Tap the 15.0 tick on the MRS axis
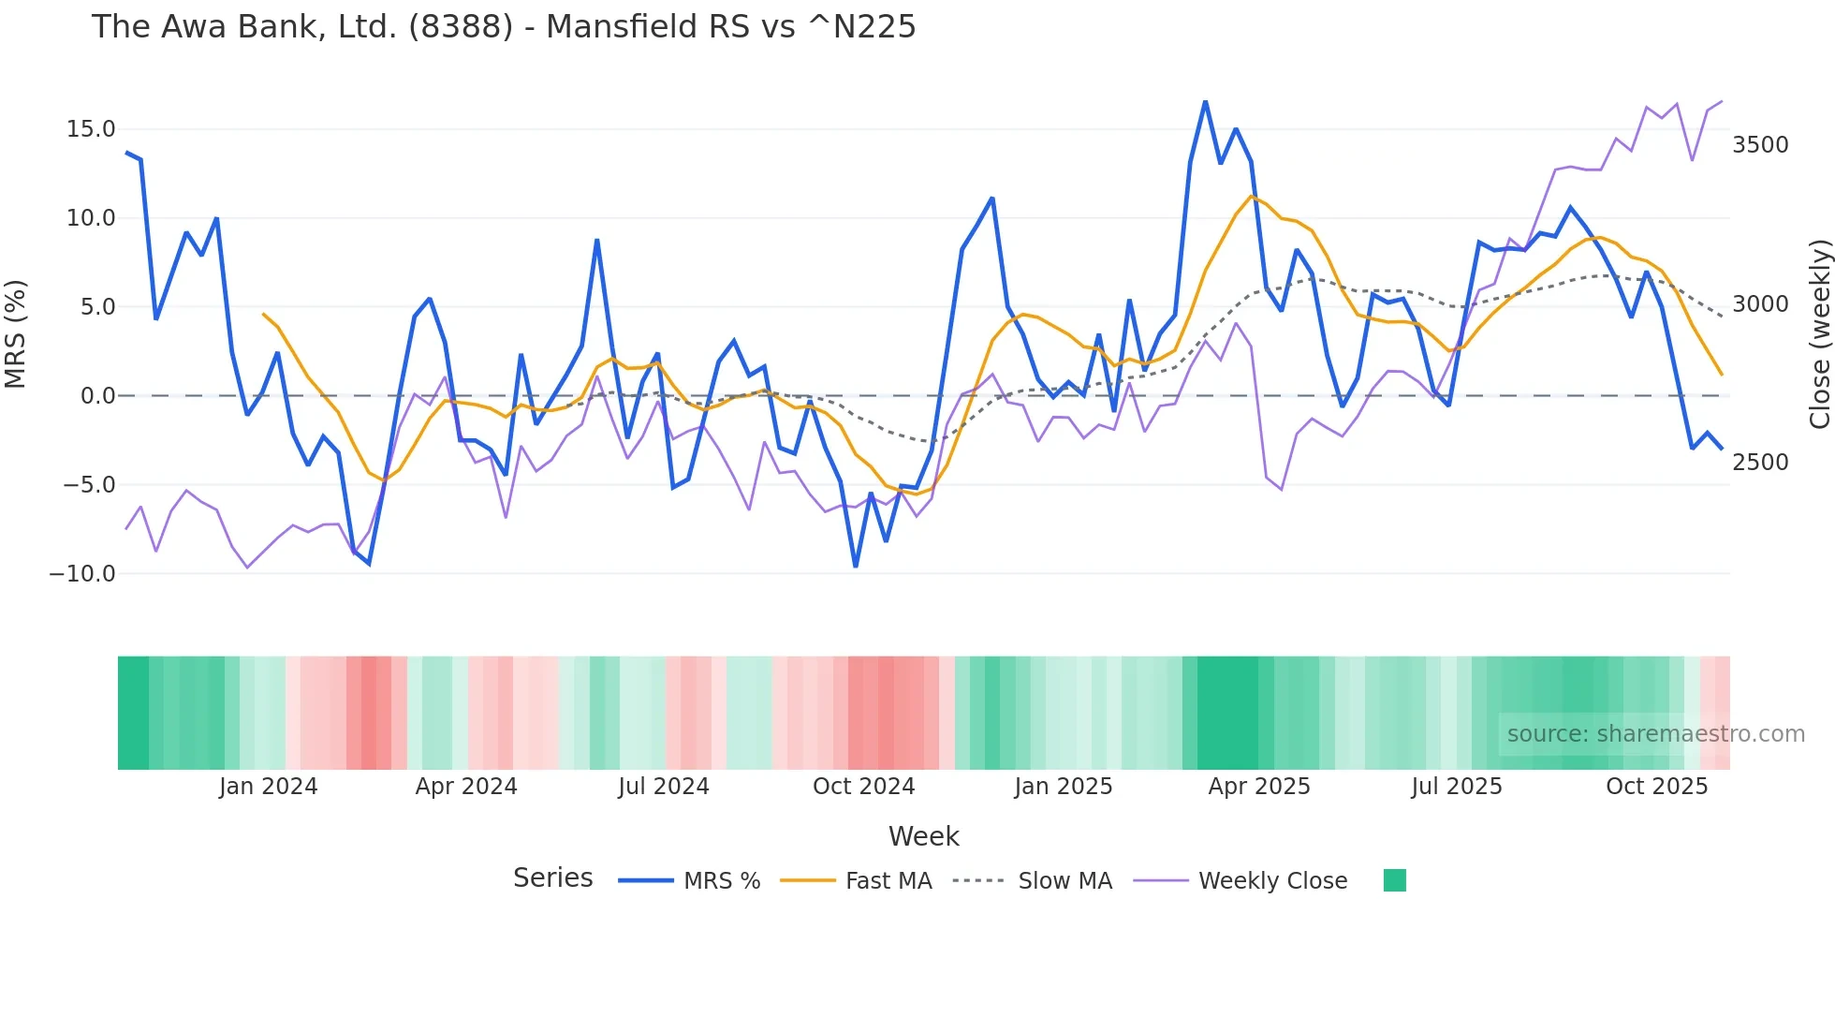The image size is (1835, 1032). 90,129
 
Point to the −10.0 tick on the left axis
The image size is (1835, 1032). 82,573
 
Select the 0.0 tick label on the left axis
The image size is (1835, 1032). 97,396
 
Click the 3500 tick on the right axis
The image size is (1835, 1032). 1760,145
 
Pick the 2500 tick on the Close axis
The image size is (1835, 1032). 1760,463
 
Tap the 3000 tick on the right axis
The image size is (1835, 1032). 1760,304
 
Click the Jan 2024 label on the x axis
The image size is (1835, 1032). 268,787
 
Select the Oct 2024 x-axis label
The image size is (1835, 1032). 863,787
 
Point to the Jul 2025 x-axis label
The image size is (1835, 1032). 1456,787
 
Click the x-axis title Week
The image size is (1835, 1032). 923,836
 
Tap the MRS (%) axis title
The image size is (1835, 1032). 16,333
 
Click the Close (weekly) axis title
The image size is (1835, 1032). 1819,333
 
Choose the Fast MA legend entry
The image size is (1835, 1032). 888,881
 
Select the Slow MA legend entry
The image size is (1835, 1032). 1064,881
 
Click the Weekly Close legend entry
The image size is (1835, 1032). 1272,881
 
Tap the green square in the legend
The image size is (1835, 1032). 1394,880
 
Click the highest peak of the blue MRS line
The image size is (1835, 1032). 1205,101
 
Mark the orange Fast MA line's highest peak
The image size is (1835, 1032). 1251,197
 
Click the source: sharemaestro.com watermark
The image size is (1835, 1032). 1655,734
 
